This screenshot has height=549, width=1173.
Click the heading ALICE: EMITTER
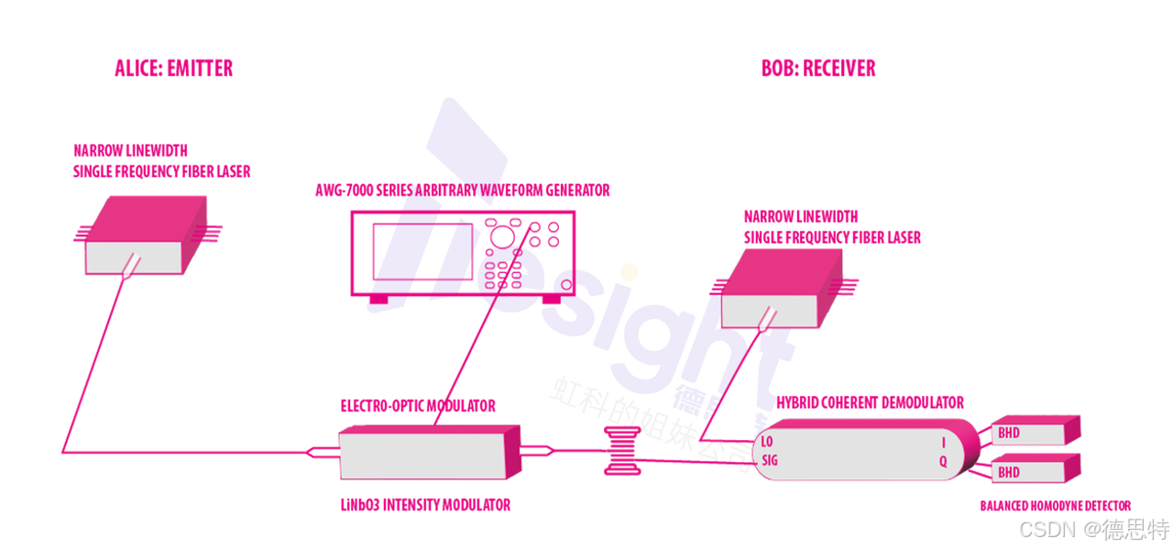[x=173, y=69]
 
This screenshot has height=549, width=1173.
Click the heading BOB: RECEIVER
[x=818, y=69]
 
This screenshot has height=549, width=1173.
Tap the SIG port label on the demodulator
[x=770, y=461]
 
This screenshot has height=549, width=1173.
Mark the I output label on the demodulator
[x=943, y=443]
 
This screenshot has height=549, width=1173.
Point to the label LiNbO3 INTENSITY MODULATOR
[x=425, y=505]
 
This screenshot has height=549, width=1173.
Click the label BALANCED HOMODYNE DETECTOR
[x=1055, y=506]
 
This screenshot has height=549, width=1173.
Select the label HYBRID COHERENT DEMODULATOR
[x=870, y=402]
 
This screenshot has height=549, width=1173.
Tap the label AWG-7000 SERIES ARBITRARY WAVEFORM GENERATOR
[x=462, y=191]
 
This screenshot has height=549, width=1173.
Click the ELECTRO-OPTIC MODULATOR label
[x=418, y=405]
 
